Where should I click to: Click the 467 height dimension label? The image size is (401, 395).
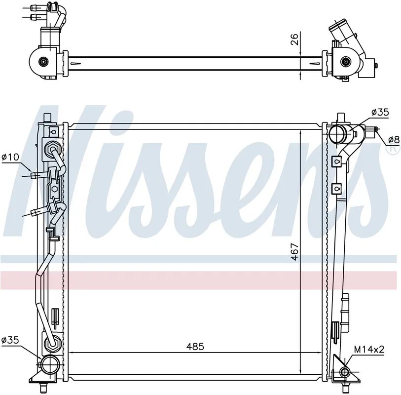pyautogui.click(x=295, y=252)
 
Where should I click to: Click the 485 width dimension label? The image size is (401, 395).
pyautogui.click(x=195, y=347)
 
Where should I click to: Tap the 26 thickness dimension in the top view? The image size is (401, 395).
pyautogui.click(x=294, y=39)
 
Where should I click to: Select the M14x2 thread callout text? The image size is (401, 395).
pyautogui.click(x=369, y=349)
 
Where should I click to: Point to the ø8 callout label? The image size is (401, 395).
pyautogui.click(x=394, y=140)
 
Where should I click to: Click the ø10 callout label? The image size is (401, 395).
pyautogui.click(x=10, y=157)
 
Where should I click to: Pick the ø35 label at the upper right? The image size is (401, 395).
pyautogui.click(x=380, y=112)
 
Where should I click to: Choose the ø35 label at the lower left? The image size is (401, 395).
pyautogui.click(x=10, y=340)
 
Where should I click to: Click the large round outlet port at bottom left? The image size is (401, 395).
pyautogui.click(x=50, y=364)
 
